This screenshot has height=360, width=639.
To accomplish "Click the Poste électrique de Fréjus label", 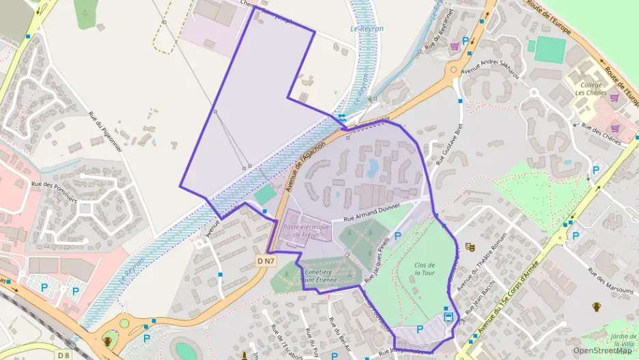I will [x=306, y=231].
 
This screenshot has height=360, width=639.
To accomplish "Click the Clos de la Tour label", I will [x=424, y=268].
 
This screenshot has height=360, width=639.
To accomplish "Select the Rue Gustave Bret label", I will [x=450, y=145].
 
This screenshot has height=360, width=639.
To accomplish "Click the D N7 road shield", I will [x=266, y=261].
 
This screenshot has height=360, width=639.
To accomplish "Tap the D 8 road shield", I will [x=63, y=355].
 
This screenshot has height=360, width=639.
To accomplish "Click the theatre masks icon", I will [x=469, y=247].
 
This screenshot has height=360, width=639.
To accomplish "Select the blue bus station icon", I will [x=449, y=316].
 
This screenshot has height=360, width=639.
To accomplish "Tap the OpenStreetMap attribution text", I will [x=602, y=352].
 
